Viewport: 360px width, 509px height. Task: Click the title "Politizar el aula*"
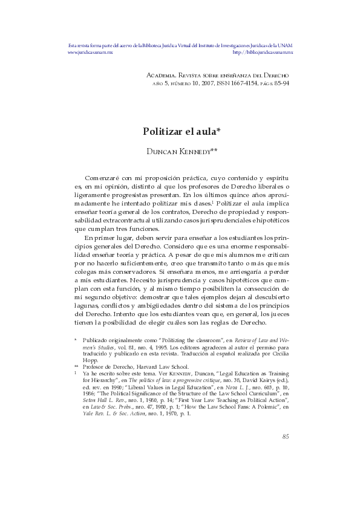[x=181, y=131]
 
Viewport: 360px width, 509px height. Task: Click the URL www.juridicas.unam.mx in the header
[x=90, y=53]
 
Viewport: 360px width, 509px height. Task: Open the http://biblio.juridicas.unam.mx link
[x=263, y=53]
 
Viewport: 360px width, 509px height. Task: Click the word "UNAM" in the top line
[x=286, y=45]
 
